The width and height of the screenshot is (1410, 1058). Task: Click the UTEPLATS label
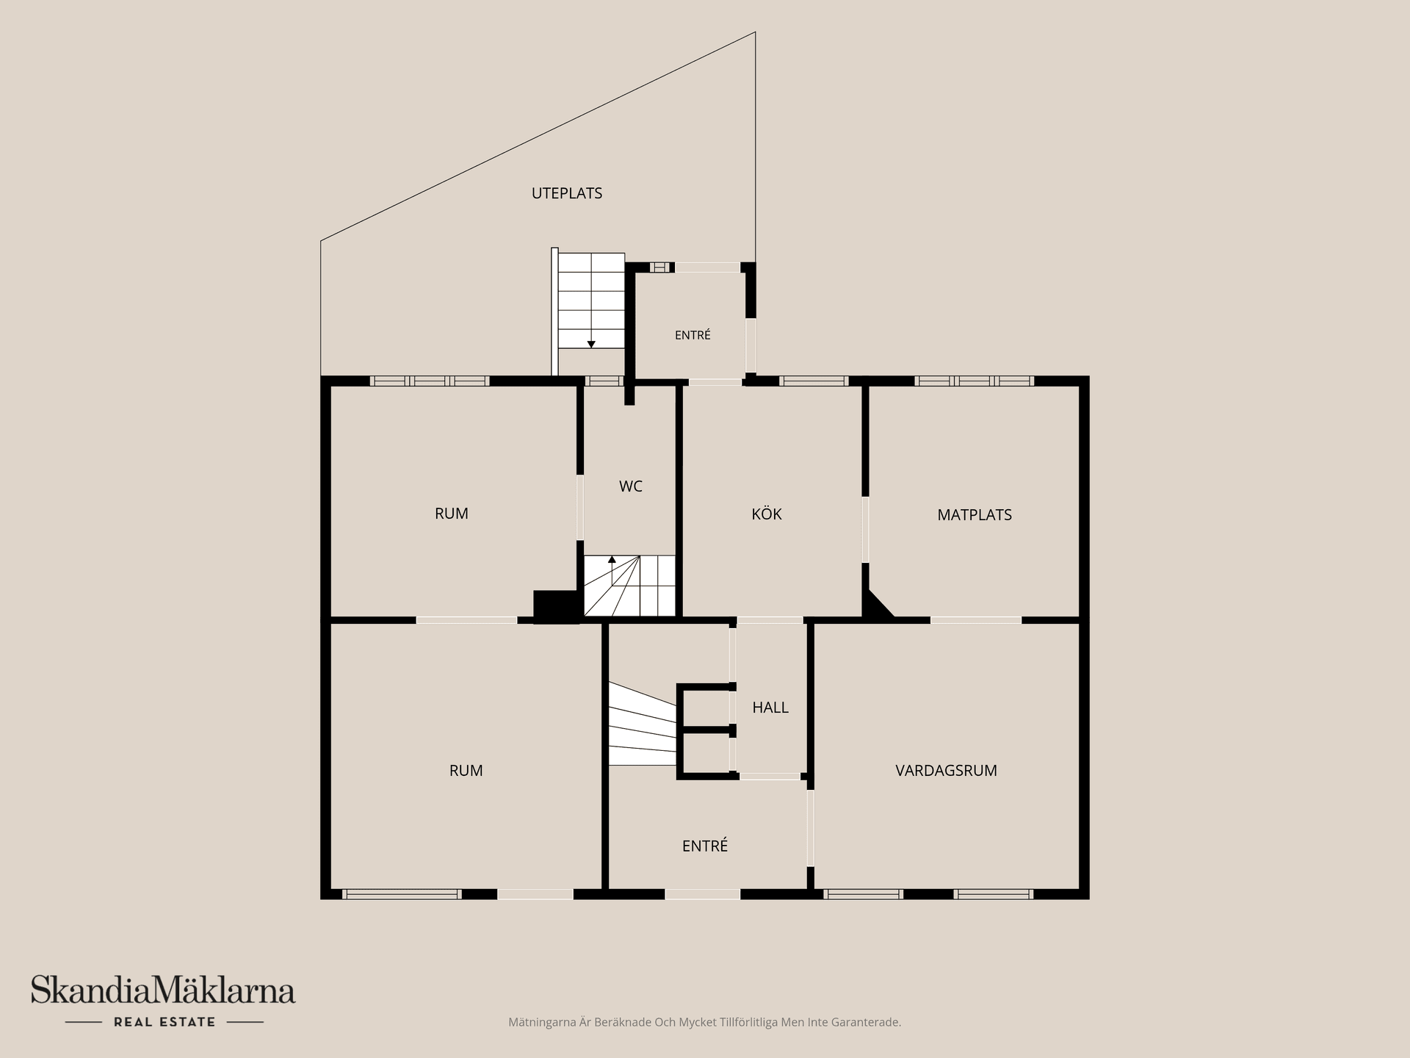tap(567, 193)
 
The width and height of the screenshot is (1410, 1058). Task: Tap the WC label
tap(631, 486)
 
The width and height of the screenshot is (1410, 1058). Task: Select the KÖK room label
tap(767, 514)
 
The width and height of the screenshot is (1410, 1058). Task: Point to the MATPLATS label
tap(975, 515)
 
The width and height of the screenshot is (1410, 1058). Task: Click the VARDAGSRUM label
tap(946, 771)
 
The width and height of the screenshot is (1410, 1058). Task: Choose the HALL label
tap(770, 708)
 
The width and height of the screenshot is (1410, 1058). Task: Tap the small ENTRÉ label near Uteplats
tap(693, 335)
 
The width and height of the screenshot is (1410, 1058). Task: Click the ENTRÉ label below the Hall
tap(705, 846)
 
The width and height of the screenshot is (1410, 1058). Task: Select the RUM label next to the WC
tap(452, 514)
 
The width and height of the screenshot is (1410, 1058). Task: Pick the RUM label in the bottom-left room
tap(466, 771)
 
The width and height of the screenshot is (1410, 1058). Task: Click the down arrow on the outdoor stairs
tap(591, 344)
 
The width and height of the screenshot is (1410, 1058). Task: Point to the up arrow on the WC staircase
tap(612, 560)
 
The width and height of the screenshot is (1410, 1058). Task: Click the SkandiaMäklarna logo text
tap(163, 990)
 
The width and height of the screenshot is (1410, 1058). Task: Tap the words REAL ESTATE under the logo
tap(164, 1022)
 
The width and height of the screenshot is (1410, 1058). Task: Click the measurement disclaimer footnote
tap(704, 1022)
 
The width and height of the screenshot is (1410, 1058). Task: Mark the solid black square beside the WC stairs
tap(556, 607)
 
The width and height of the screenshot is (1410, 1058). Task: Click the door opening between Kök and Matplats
tap(865, 530)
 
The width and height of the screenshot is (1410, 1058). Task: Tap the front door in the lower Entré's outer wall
tap(703, 894)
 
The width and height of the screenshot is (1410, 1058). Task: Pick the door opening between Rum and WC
tap(580, 508)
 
